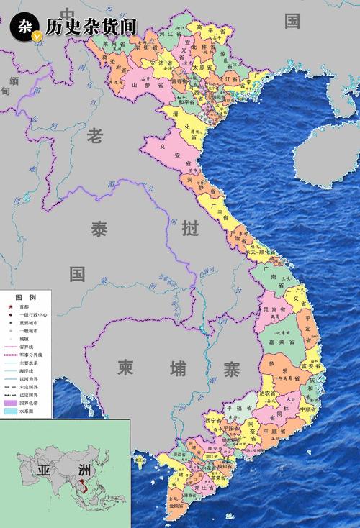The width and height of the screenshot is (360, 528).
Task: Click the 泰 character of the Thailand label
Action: click(x=99, y=229)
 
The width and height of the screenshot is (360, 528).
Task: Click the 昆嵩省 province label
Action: click(x=274, y=309)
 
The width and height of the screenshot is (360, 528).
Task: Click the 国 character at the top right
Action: click(x=292, y=21)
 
